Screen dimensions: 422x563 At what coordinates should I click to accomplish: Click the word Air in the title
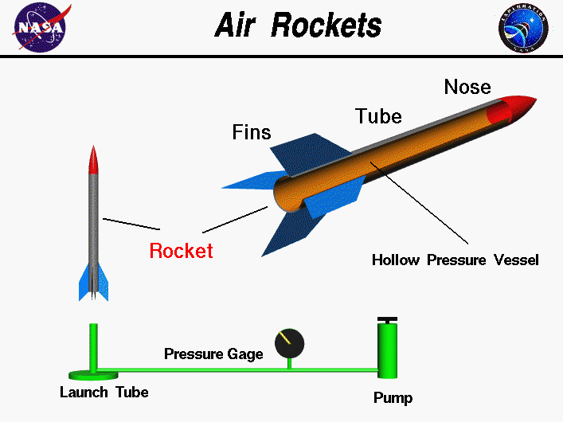click(x=237, y=25)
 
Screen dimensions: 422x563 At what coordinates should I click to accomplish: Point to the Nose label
click(x=467, y=86)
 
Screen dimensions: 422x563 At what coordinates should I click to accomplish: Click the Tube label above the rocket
click(x=377, y=116)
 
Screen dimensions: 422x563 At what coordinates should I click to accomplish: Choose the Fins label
click(x=252, y=131)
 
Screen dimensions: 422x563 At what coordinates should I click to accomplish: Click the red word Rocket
click(x=182, y=251)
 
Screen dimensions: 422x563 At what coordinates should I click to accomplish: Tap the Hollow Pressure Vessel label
click(x=455, y=260)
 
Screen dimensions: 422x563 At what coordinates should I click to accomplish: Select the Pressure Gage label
click(x=213, y=354)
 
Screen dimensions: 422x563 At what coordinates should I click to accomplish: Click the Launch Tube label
click(x=104, y=392)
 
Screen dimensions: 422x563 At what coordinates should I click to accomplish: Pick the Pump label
click(x=393, y=397)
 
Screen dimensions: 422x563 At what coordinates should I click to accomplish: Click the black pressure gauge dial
click(x=289, y=343)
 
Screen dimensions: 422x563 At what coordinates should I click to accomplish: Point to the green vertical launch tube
click(x=93, y=346)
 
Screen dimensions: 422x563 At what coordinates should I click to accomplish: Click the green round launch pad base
click(x=93, y=374)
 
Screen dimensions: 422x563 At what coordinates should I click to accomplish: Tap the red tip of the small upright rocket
click(x=94, y=159)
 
